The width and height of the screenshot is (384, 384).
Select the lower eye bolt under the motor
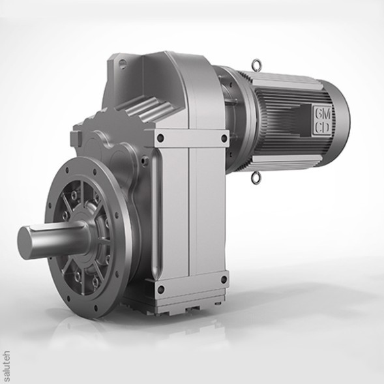coord(255,176)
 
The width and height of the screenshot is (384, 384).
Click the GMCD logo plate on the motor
coord(321,121)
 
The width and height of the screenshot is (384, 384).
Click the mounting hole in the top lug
coord(121,65)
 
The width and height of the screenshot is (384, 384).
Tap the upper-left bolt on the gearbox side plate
coord(160,138)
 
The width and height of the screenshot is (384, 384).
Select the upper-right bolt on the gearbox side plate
coord(224,138)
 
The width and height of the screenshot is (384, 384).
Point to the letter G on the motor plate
coord(318,113)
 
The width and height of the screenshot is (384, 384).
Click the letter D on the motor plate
coord(325,128)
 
